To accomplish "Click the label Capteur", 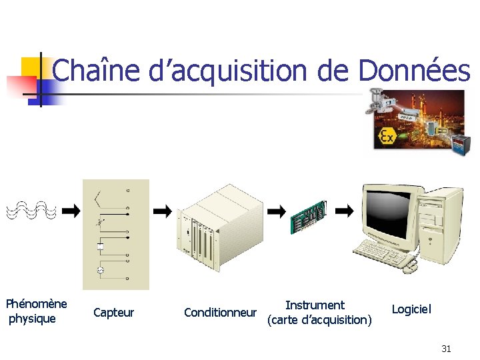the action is click(x=113, y=313).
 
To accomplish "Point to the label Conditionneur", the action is click(x=220, y=313).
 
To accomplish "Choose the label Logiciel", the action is click(x=411, y=309).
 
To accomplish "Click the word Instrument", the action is click(x=315, y=305).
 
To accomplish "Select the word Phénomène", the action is click(x=37, y=304).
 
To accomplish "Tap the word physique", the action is click(x=32, y=319).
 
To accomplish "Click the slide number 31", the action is click(x=446, y=349).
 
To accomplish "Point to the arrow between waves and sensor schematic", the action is click(x=70, y=211).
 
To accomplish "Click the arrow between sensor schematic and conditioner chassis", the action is click(x=162, y=211).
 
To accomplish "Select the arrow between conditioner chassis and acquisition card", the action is click(x=276, y=211).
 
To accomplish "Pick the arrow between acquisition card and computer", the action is click(x=344, y=211).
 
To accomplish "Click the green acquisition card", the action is click(x=308, y=217).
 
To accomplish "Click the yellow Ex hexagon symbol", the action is click(x=387, y=137).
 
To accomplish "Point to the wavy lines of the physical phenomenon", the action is click(x=31, y=211).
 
